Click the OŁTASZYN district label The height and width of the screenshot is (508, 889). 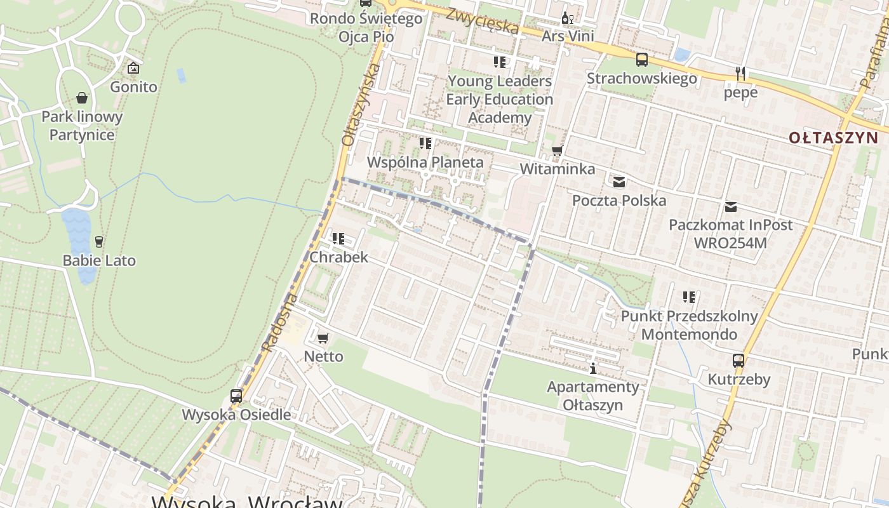(834, 137)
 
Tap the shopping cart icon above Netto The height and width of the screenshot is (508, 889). (323, 338)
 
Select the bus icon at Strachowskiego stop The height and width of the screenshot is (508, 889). (642, 60)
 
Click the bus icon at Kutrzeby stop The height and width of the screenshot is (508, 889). (739, 361)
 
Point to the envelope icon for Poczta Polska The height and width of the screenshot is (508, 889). (619, 182)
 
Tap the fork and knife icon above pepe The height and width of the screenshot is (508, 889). (740, 73)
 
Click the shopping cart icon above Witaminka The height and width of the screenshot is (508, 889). (558, 150)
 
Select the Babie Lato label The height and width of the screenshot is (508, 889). (99, 260)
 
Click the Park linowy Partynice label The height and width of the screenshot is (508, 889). (82, 126)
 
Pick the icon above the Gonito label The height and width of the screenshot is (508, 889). (133, 67)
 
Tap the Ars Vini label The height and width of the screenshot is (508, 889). (568, 36)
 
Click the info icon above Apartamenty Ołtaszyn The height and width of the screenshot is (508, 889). (593, 368)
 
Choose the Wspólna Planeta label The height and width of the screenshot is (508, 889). (425, 162)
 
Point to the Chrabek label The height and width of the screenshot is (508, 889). (338, 257)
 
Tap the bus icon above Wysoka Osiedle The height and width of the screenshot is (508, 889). (236, 396)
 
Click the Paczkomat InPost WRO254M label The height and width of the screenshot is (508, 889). (731, 234)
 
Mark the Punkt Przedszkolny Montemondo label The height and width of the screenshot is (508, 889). (690, 325)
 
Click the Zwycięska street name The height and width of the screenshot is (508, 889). (482, 21)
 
